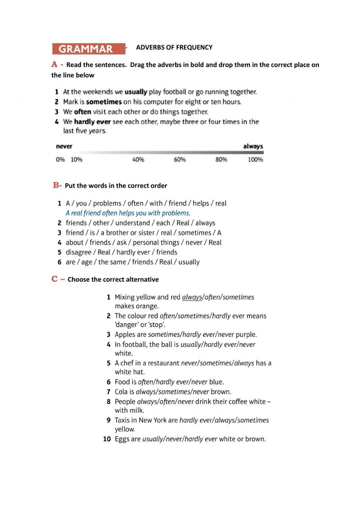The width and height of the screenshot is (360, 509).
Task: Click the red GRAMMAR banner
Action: click(x=89, y=49)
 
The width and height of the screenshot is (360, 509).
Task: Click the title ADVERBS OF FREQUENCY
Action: click(x=174, y=47)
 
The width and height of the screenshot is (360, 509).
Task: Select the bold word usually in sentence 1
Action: click(x=136, y=92)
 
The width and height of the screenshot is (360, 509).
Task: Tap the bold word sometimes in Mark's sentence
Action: click(x=104, y=102)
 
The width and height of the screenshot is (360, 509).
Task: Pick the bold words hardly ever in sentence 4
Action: click(x=92, y=122)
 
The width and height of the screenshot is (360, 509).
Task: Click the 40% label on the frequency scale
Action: click(x=138, y=160)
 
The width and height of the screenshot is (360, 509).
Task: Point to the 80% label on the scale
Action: click(x=221, y=160)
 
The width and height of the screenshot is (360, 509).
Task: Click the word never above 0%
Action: click(x=64, y=146)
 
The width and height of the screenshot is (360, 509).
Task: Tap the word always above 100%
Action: click(x=253, y=146)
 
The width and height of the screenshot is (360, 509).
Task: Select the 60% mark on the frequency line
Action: click(x=180, y=160)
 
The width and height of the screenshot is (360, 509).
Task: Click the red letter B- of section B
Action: click(x=57, y=186)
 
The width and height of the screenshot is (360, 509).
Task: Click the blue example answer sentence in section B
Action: click(x=128, y=213)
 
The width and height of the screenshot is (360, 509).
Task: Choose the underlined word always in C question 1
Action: click(x=192, y=297)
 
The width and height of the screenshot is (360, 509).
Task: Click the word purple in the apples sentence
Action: click(x=246, y=334)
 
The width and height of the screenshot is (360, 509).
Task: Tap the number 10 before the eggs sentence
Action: click(x=107, y=439)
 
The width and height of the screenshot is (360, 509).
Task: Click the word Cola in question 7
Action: click(x=121, y=392)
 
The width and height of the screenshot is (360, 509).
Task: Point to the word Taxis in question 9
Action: click(x=122, y=420)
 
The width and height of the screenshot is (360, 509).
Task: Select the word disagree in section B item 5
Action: click(x=80, y=252)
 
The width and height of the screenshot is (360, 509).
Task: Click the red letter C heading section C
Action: click(x=55, y=279)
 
